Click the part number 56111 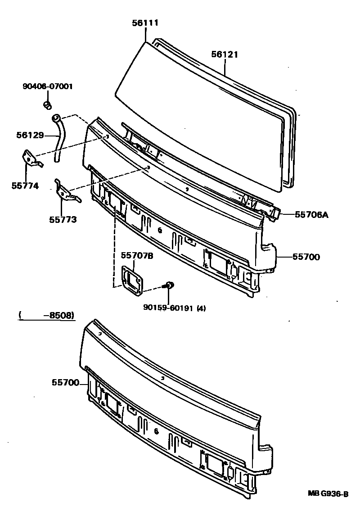tap(145, 23)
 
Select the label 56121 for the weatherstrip tap(225, 54)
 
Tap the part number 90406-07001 tap(48, 87)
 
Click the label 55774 tap(25, 185)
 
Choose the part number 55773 tap(63, 220)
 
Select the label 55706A tap(311, 215)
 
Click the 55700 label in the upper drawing tap(306, 257)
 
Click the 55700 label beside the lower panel tap(65, 383)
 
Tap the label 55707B tap(137, 256)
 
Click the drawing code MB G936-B tap(328, 494)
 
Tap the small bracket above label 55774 tap(30, 158)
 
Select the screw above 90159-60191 tap(169, 285)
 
